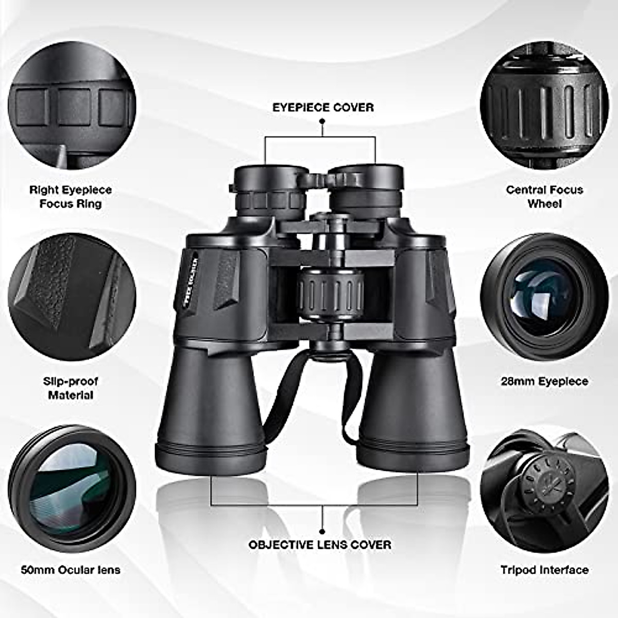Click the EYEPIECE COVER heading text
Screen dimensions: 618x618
click(323, 107)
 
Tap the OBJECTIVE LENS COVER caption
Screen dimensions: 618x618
click(320, 544)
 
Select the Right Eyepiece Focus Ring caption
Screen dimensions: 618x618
click(71, 197)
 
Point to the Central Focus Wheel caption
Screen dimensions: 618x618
click(544, 197)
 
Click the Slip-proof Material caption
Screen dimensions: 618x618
click(71, 388)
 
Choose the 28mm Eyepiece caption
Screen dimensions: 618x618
click(544, 382)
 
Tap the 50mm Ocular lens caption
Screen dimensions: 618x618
click(71, 570)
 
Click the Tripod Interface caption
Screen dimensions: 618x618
click(544, 570)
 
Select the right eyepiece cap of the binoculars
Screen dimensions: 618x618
click(367, 175)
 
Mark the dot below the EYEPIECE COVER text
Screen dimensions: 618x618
click(322, 121)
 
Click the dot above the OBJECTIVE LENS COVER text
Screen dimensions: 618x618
click(322, 530)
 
